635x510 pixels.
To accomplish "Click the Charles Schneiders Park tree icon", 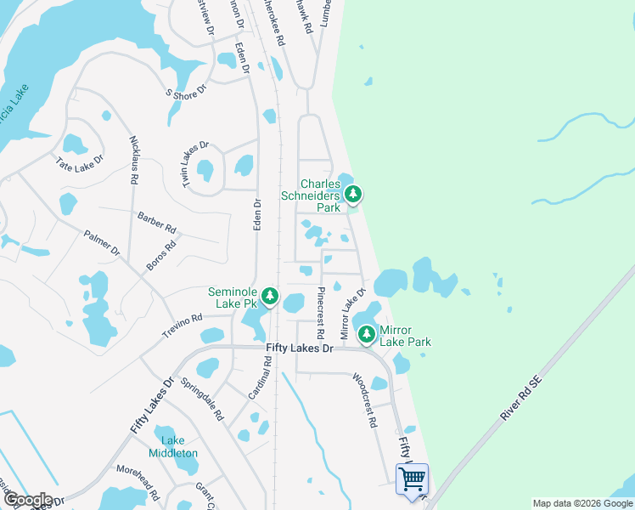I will tap(353, 195).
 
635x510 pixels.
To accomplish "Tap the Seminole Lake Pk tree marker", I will tap(270, 296).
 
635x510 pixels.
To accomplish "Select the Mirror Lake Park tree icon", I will tap(367, 334).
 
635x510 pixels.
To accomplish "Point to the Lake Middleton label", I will tap(179, 446).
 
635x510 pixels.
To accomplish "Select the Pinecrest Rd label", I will tap(321, 313).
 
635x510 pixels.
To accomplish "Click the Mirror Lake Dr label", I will tap(352, 314).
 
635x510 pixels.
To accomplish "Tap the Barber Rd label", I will tap(156, 222).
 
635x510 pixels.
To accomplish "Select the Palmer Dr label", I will tap(102, 242).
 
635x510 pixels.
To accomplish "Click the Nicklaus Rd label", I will tap(134, 159).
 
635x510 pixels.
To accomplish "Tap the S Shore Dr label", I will tap(186, 91).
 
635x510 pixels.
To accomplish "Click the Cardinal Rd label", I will tap(260, 377).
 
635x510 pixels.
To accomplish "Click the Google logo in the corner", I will tap(27, 500).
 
